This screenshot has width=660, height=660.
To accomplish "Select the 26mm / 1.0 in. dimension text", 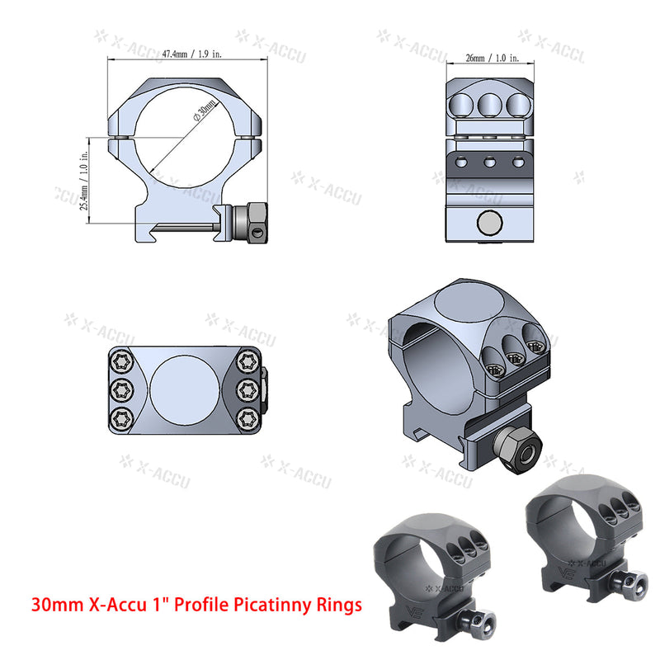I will click(x=492, y=59).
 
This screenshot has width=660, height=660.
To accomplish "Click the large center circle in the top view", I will click(x=186, y=389).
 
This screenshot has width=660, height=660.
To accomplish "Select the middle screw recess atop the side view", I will click(x=489, y=102).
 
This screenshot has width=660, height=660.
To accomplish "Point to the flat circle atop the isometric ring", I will click(x=465, y=304).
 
